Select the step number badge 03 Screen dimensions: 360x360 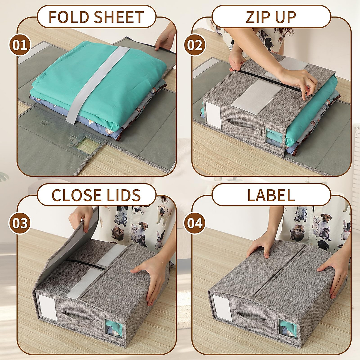click(20, 223)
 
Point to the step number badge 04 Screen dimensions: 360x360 click(195, 223)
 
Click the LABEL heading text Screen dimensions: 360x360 click(271, 195)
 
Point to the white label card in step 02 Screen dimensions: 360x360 click(212, 115)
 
